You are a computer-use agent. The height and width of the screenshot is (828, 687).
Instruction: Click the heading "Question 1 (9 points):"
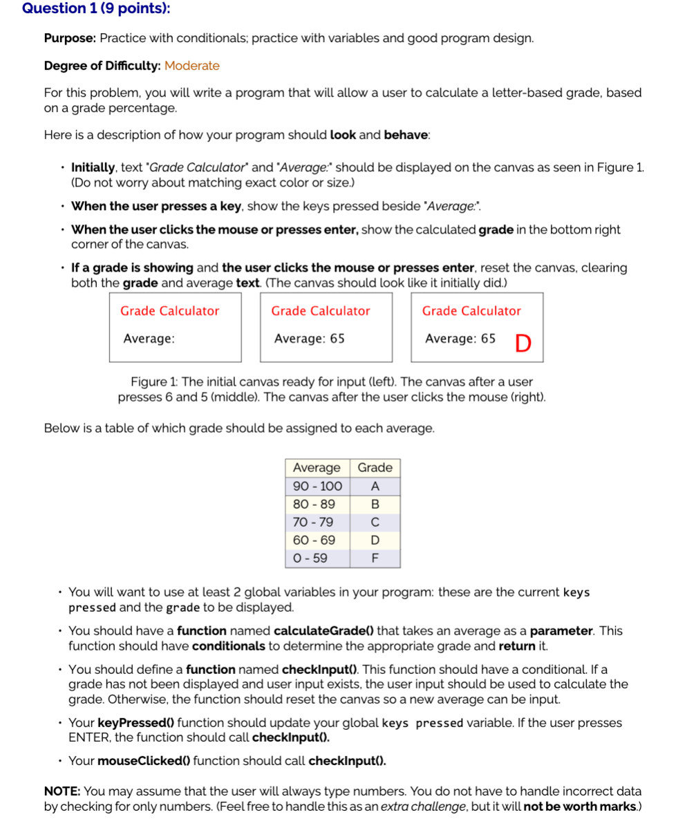point(96,9)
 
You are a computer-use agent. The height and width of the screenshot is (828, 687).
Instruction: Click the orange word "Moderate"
point(192,66)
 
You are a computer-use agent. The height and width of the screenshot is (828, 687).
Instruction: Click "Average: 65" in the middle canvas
point(309,339)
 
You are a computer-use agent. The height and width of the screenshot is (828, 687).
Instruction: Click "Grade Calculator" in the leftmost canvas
point(169,311)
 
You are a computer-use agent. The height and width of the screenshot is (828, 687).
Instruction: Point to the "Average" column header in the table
point(317,468)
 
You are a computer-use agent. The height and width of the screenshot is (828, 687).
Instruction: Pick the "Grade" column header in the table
point(375,468)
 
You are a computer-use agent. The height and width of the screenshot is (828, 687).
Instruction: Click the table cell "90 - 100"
point(317,486)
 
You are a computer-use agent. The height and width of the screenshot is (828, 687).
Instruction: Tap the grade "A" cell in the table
point(375,486)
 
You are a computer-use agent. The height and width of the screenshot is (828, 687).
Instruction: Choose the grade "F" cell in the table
point(375,558)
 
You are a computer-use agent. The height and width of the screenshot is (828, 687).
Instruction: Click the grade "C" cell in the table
point(375,522)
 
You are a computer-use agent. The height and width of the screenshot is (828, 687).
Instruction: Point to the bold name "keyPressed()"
point(136,723)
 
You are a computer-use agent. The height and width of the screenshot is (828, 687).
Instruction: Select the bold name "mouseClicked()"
point(142,761)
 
